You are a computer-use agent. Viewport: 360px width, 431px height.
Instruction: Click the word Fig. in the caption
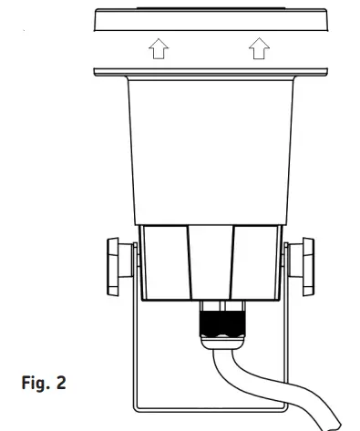(x=34, y=377)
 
